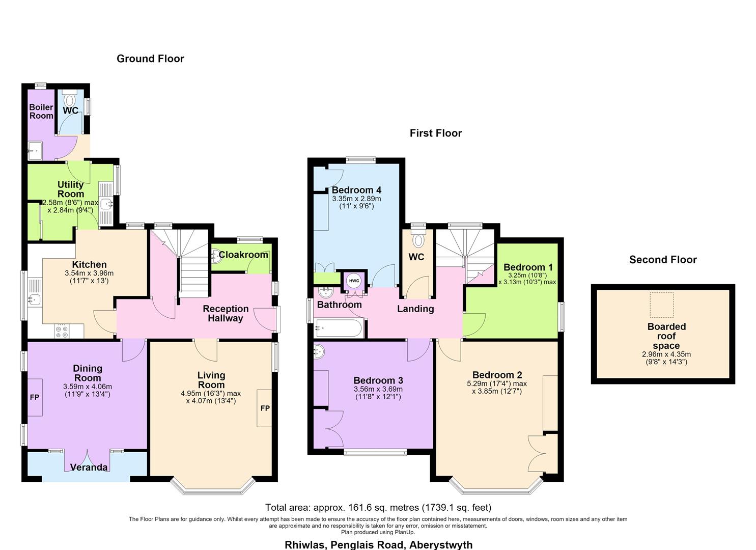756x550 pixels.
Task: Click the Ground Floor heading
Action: tap(150, 59)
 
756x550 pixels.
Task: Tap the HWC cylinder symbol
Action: tap(354, 281)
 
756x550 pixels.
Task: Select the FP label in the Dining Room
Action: tap(35, 397)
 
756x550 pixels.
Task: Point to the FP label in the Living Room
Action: tap(265, 408)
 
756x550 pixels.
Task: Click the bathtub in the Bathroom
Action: tap(339, 328)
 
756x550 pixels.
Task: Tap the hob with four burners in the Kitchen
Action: tap(62, 331)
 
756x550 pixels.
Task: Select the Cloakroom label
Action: tap(243, 255)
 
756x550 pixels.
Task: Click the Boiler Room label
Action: tap(41, 112)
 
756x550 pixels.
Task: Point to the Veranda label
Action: tap(89, 468)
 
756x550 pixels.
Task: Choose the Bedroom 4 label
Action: tap(356, 190)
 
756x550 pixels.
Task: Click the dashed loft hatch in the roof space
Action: tap(661, 305)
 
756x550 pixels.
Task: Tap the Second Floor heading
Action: tap(663, 260)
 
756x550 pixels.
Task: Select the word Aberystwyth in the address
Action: tap(441, 544)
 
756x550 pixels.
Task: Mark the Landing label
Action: tap(415, 309)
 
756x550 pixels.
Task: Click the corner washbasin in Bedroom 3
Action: tap(319, 352)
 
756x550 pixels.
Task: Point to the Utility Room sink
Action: tap(106, 204)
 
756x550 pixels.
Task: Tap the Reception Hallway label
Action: tap(226, 314)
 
